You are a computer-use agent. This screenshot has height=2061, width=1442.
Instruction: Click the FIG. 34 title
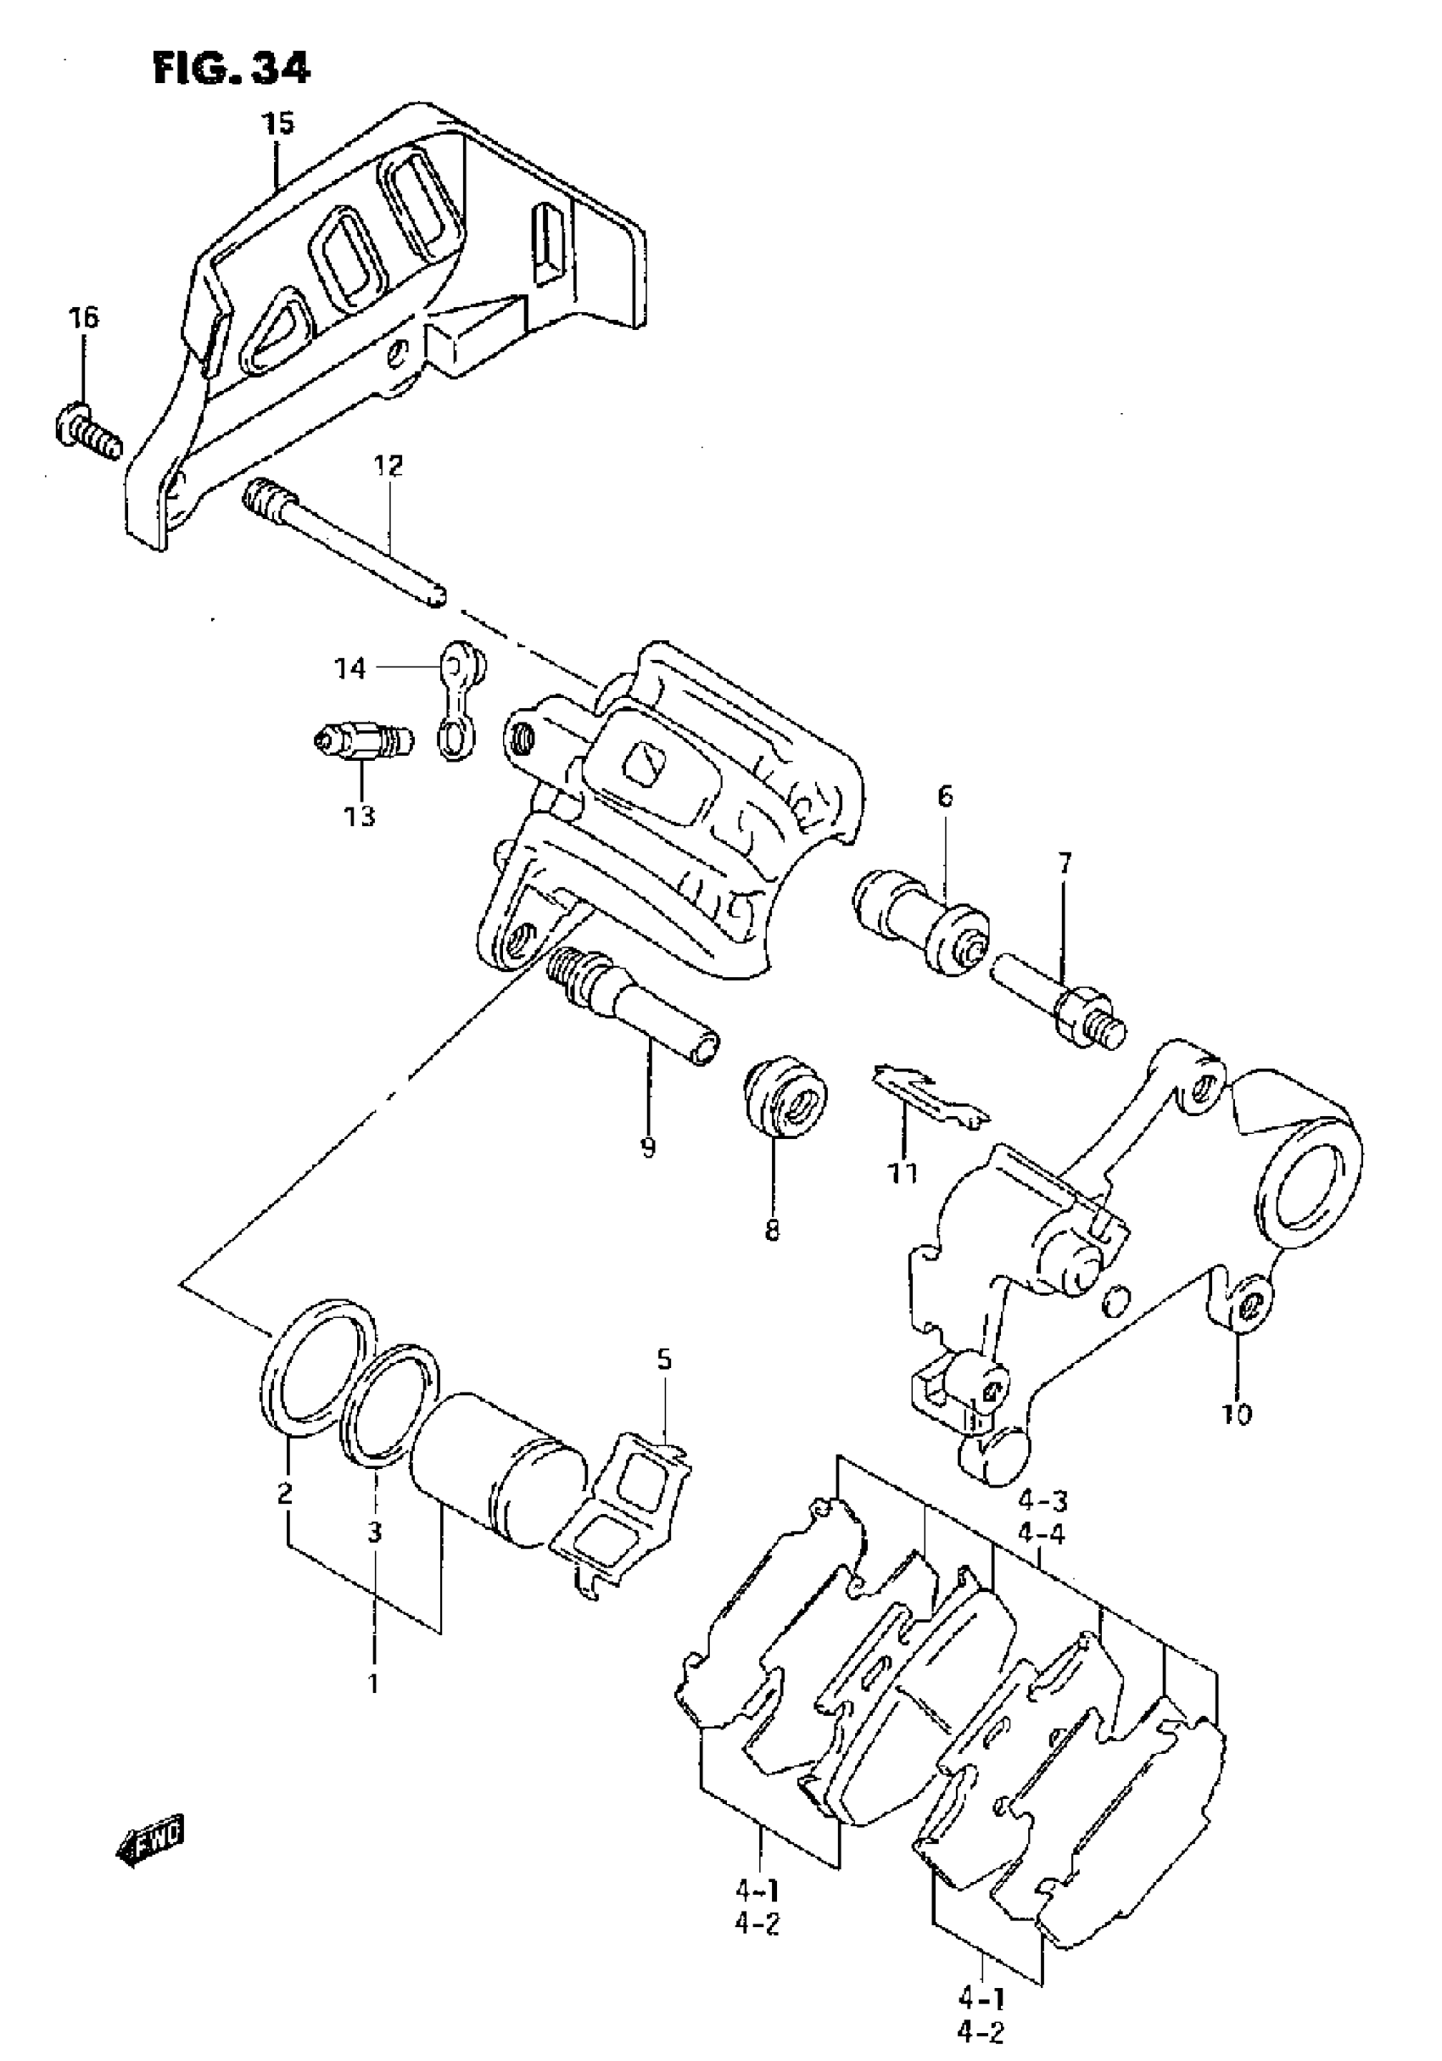tap(231, 67)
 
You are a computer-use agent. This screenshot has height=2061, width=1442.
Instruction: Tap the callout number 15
tap(278, 123)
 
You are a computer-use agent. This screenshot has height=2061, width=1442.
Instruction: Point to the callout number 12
tap(388, 466)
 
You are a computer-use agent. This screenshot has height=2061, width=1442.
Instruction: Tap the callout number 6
tap(945, 796)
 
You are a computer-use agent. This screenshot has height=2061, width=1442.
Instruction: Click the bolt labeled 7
tap(1059, 1003)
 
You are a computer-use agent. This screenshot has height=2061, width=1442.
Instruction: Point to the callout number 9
tap(648, 1147)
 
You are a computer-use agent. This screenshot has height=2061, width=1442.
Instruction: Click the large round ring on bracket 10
tap(1310, 1184)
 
